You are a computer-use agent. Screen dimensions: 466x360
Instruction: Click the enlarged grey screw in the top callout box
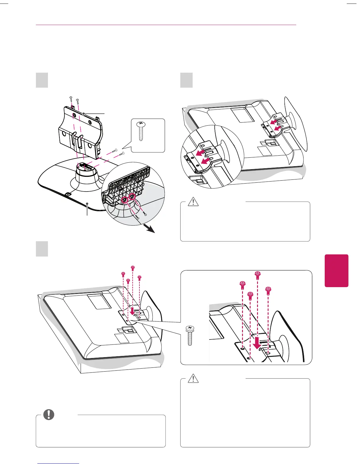coord(141,132)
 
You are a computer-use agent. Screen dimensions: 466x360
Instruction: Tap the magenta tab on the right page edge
coord(336,270)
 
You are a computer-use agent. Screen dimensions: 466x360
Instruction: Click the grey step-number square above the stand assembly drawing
coord(42,80)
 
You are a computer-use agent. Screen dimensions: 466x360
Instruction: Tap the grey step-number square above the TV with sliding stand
coord(186,80)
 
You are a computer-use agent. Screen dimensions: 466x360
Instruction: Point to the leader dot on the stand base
coord(87,204)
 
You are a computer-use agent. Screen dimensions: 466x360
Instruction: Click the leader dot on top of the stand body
coord(84,113)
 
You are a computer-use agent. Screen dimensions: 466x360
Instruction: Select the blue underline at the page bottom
coord(58,463)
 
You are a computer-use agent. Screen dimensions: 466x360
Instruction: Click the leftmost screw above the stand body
coord(71,98)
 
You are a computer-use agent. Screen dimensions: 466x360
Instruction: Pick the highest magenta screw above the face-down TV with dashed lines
coord(133,267)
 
